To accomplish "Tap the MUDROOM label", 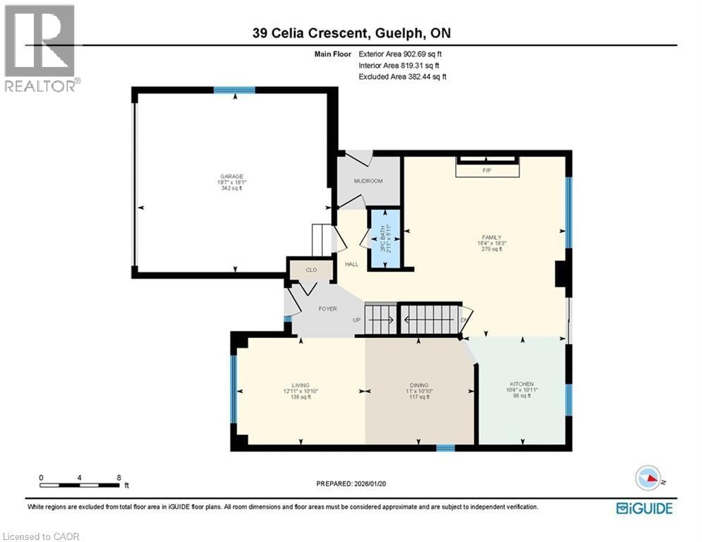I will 368,181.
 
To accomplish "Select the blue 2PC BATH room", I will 386,238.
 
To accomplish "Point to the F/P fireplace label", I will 486,171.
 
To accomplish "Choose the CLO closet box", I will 311,270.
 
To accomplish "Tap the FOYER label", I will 327,308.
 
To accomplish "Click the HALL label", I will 351,265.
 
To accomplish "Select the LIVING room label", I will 301,385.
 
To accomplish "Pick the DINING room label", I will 419,385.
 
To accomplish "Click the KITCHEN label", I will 522,385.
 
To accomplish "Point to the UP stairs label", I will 357,320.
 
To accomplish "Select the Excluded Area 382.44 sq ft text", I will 402,76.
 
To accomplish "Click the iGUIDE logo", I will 643,507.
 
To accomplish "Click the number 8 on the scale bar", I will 118,477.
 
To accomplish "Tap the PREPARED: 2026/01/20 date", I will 351,483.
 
